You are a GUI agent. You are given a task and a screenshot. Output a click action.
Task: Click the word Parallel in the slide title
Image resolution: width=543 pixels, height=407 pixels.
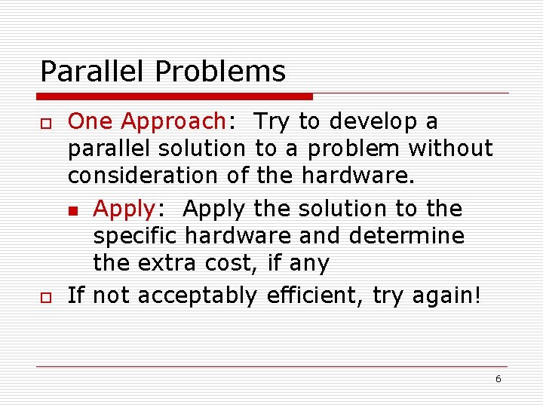point(94,72)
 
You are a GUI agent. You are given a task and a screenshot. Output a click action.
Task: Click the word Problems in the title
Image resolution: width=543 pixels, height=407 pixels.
point(220,72)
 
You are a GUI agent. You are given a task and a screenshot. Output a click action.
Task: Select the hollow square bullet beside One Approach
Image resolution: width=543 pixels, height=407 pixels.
point(45,122)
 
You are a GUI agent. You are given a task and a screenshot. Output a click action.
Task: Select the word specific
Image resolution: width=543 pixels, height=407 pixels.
point(136,237)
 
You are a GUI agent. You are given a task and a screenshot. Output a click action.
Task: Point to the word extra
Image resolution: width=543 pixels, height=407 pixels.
point(168,264)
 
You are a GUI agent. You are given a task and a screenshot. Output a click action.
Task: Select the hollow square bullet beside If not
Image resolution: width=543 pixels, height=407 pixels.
point(45,296)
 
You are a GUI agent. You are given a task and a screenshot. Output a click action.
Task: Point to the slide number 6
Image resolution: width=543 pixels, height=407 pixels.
point(498,379)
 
